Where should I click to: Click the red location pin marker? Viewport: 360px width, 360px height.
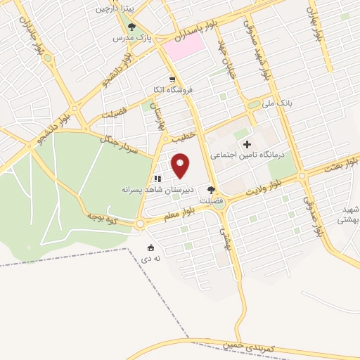coord(181,165)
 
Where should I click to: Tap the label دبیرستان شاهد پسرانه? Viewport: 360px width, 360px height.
coord(152,190)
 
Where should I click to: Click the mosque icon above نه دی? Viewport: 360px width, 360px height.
coord(151,247)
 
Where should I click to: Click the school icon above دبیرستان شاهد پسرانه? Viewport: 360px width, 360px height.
coord(158,179)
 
